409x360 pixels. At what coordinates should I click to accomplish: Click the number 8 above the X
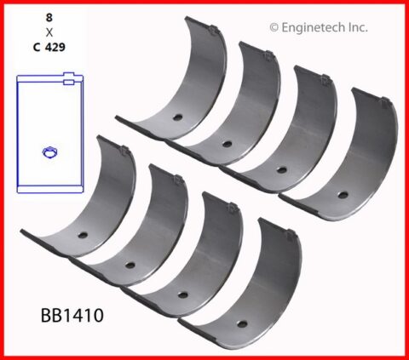tap(49, 18)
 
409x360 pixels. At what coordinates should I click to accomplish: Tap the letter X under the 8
tap(49, 32)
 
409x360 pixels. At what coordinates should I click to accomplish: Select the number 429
tap(55, 47)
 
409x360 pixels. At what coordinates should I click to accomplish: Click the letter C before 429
tap(37, 47)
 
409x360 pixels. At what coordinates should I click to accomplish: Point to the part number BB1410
tap(72, 315)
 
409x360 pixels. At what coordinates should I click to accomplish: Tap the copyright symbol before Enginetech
tap(274, 28)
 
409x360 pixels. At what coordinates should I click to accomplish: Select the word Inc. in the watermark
tap(356, 27)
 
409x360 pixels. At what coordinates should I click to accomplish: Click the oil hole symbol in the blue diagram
tap(49, 152)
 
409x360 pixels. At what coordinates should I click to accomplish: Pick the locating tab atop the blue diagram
tap(68, 78)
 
